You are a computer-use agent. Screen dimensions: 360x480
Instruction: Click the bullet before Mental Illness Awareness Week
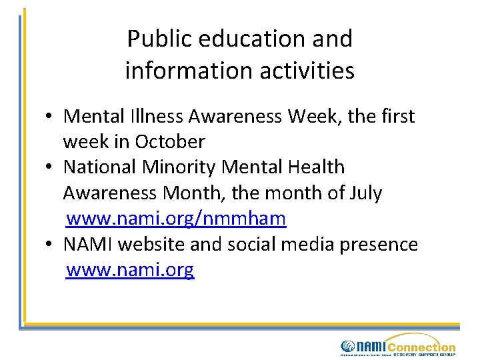tap(50, 117)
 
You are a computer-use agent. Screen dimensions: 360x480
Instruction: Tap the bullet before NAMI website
tap(50, 245)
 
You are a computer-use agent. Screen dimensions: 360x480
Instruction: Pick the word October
tap(170, 142)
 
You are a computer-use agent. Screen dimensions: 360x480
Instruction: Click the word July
tap(365, 193)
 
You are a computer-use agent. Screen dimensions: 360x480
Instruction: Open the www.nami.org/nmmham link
tap(177, 219)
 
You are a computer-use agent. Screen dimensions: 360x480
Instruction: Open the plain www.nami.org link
tap(131, 270)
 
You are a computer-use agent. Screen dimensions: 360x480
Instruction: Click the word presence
tap(379, 245)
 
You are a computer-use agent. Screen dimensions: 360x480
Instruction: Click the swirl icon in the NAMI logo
tap(347, 346)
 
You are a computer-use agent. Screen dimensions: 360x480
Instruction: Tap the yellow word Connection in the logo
tap(421, 347)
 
